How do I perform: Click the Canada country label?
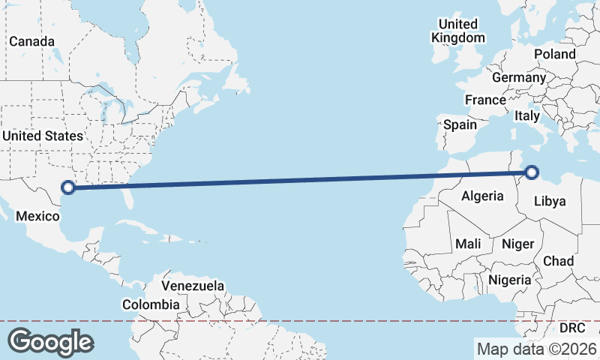(31, 41)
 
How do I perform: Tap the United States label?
(42, 136)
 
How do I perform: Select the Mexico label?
(37, 216)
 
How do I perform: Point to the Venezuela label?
(193, 286)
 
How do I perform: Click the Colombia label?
(151, 304)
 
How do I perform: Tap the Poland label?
(555, 54)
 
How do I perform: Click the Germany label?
(519, 77)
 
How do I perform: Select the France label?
(485, 100)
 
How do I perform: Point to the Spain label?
(460, 124)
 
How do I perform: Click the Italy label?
(527, 116)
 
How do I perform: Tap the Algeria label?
(481, 196)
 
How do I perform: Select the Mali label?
(468, 244)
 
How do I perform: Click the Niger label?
(517, 244)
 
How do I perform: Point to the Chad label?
(558, 261)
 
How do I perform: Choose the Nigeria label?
(510, 280)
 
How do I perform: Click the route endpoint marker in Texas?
(69, 187)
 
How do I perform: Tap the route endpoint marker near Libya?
(532, 172)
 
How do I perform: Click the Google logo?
(50, 342)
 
